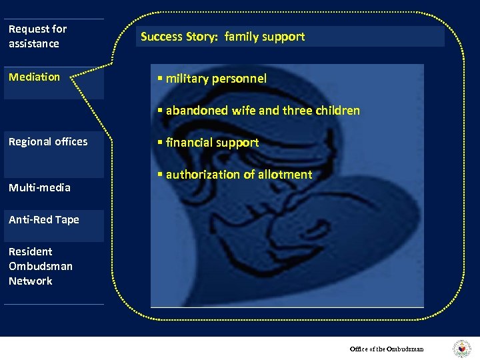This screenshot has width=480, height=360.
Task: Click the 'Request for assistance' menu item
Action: point(37,36)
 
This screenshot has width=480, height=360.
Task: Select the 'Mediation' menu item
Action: point(34,77)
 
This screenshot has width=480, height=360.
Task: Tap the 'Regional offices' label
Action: point(48,141)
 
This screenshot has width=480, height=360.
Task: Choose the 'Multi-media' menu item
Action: point(39,187)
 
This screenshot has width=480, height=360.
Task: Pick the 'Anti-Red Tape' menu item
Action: point(44,219)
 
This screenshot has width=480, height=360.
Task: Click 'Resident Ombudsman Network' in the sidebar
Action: point(40,266)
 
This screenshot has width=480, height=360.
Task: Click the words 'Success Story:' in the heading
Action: point(180,37)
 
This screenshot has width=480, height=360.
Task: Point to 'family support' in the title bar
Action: point(265,37)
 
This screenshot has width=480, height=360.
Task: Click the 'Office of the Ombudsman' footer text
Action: point(387,349)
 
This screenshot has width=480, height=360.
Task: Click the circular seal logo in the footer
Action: point(461,349)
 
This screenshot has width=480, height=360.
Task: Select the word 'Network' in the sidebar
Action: point(31,281)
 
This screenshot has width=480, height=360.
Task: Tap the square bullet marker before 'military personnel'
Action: point(160,79)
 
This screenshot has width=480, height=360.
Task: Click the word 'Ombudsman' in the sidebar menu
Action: point(41,266)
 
